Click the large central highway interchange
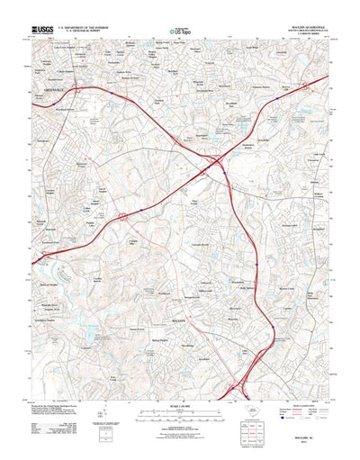tap(215, 165)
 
